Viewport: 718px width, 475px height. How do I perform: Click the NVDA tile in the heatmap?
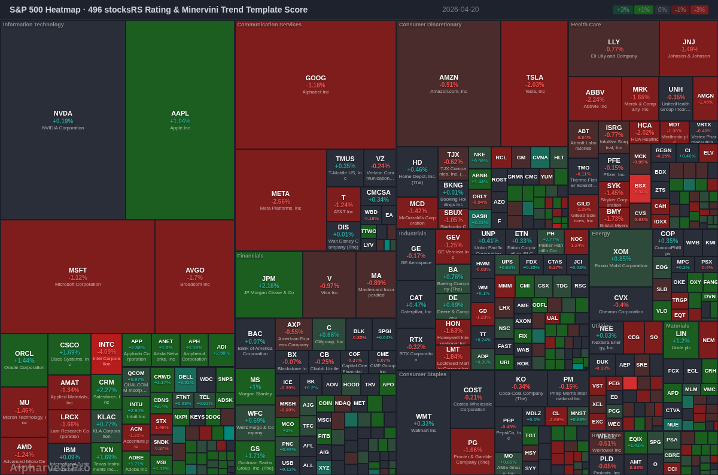point(63,120)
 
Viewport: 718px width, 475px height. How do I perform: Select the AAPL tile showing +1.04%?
point(180,120)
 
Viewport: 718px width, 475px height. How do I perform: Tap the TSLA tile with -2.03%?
point(534,84)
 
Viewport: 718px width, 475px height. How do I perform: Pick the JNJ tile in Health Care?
point(688,48)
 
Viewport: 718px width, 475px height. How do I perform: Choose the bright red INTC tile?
point(107,353)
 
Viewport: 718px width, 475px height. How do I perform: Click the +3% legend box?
point(623,10)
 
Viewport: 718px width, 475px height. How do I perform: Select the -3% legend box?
point(699,10)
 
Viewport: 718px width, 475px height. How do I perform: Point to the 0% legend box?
point(662,10)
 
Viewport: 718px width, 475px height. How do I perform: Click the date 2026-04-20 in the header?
point(461,10)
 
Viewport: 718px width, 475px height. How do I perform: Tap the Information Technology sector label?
point(34,25)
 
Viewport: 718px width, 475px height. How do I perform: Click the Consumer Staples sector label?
point(422,374)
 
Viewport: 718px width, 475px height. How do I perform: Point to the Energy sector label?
point(601,234)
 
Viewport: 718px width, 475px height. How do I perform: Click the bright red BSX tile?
point(640,188)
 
